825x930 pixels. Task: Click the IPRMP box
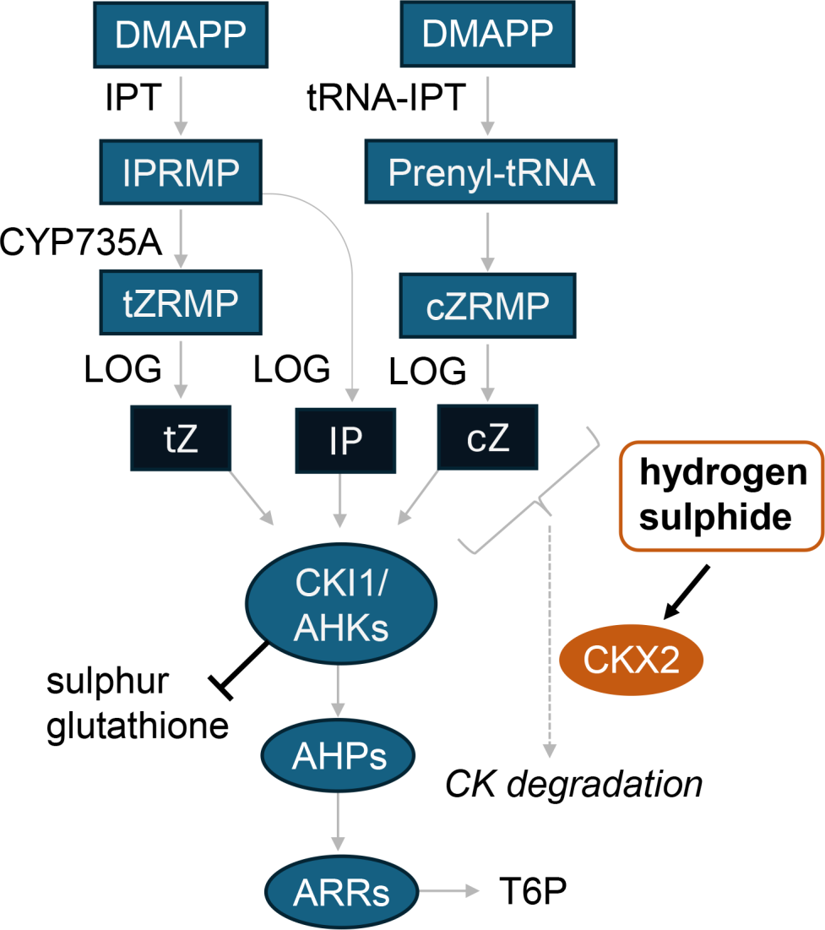[x=182, y=171]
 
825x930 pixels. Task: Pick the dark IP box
[x=345, y=441]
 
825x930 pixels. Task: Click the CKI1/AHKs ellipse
[x=340, y=606]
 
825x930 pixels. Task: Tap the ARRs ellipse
[x=341, y=890]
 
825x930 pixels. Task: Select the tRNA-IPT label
[x=386, y=100]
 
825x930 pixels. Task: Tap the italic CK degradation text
[x=574, y=784]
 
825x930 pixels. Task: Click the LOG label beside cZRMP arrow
[x=427, y=369]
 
